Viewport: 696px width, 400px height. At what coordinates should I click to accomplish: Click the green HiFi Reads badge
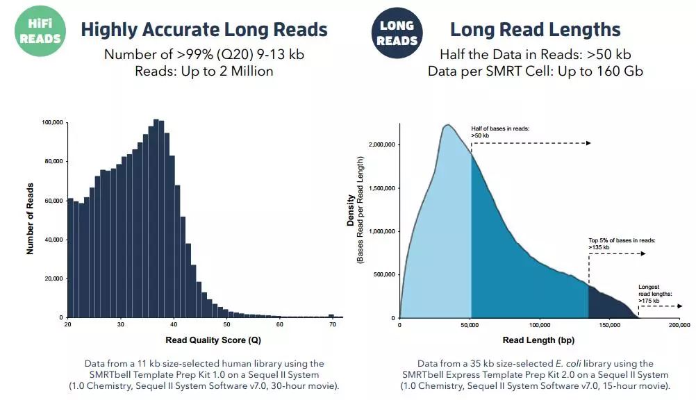[x=40, y=31]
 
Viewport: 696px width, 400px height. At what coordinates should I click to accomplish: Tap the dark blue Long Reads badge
[x=397, y=32]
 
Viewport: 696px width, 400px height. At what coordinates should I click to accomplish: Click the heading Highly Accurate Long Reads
[x=204, y=29]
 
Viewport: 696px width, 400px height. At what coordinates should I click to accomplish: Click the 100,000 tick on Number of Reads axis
[x=53, y=122]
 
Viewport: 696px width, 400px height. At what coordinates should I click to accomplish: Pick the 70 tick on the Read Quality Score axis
[x=332, y=324]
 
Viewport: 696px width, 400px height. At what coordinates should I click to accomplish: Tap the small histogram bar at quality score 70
[x=331, y=316]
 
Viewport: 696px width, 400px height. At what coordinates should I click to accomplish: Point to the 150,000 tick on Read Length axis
[x=609, y=324]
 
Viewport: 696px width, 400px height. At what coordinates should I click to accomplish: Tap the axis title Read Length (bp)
[x=538, y=340]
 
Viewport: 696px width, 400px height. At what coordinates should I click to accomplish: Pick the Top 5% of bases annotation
[x=622, y=243]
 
